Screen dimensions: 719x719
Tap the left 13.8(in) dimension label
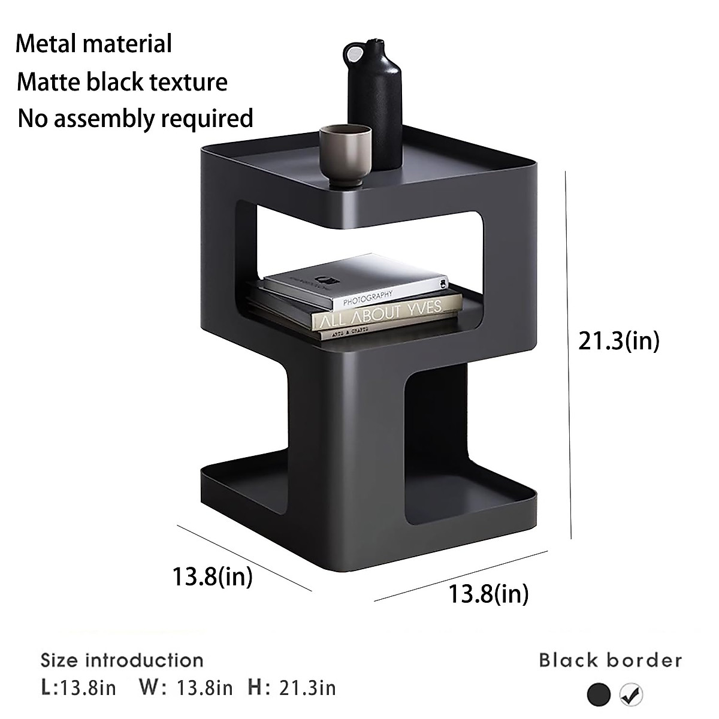[212, 576]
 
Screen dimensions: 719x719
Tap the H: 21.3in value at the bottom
[292, 687]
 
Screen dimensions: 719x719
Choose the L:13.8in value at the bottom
[78, 687]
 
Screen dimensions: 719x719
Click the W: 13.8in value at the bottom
[186, 687]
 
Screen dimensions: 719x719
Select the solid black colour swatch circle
[599, 694]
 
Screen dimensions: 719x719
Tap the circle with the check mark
[631, 694]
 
